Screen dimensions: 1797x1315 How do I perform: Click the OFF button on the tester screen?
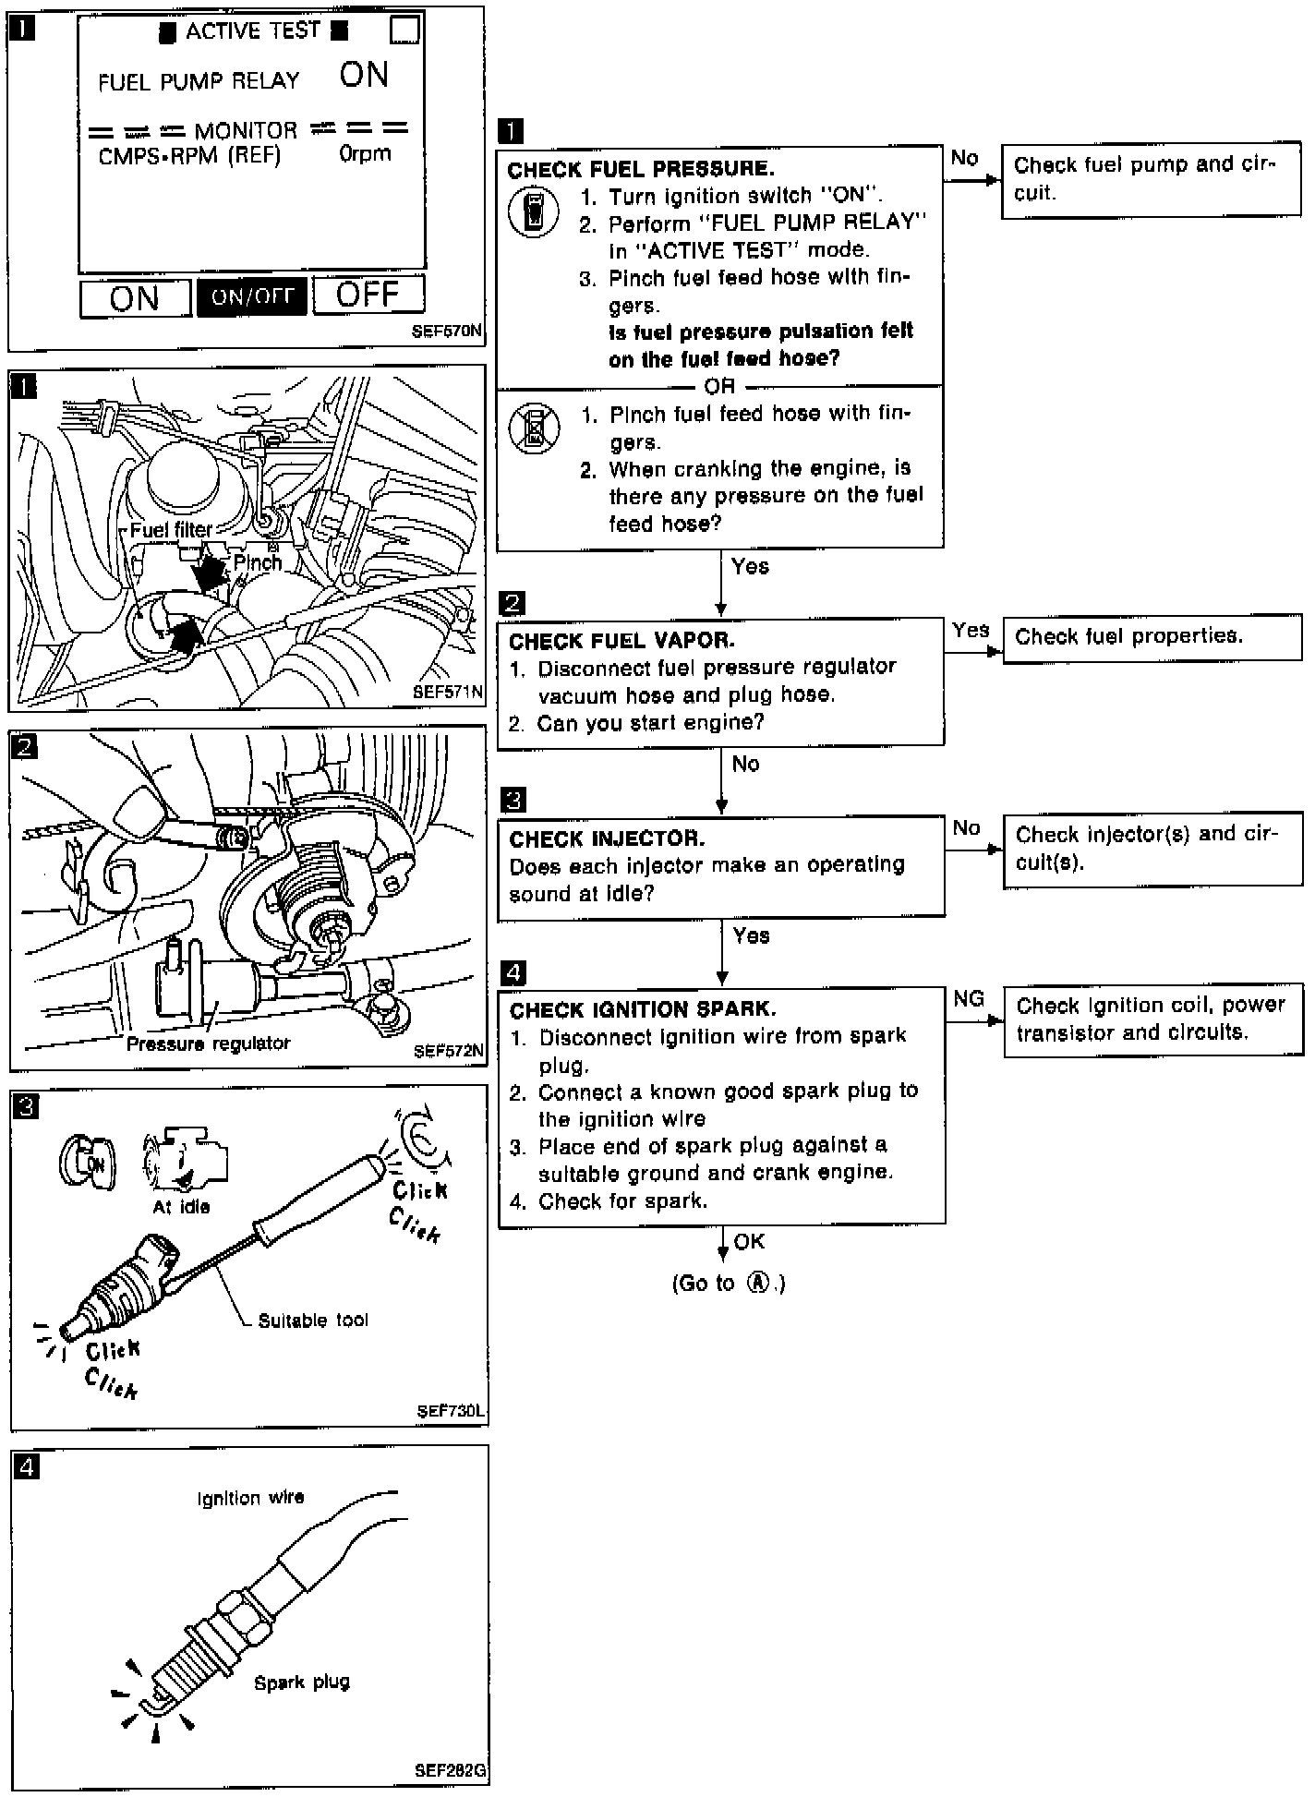[x=368, y=295]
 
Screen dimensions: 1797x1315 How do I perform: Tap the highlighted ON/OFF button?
[x=251, y=296]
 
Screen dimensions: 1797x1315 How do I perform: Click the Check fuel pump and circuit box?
[x=1151, y=179]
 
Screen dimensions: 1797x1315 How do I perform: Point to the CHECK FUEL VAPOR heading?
[x=621, y=641]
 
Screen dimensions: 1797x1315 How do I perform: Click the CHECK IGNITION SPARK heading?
[x=643, y=1009]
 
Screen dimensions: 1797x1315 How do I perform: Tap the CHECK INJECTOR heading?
[x=607, y=838]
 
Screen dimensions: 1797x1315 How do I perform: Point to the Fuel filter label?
[x=171, y=530]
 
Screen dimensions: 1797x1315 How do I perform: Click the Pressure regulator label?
[x=208, y=1043]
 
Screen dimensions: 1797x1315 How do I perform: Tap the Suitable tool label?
[x=313, y=1321]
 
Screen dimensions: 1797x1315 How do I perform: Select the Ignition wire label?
[x=250, y=1498]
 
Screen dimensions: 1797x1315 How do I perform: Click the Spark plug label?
[x=302, y=1682]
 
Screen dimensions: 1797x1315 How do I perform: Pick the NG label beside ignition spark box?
[x=968, y=998]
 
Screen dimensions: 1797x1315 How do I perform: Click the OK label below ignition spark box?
[x=749, y=1242]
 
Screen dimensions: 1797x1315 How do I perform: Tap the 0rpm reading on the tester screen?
[x=365, y=154]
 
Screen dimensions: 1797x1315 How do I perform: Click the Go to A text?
[x=729, y=1284]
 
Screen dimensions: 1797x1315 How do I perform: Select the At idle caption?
[x=181, y=1207]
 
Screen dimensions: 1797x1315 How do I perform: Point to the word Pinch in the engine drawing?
[x=258, y=562]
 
